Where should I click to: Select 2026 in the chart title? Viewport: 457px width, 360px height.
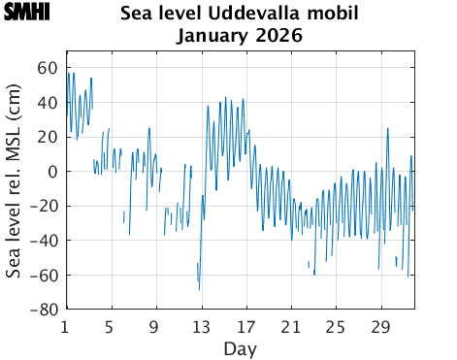click(279, 36)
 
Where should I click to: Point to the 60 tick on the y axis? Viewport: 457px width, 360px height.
click(47, 68)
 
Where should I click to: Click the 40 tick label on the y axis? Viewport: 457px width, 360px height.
click(47, 103)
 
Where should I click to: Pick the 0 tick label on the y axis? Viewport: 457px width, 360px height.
click(51, 172)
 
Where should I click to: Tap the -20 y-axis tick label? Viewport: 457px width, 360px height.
click(43, 207)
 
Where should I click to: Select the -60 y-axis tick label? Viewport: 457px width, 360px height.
click(43, 276)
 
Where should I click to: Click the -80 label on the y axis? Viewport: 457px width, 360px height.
click(43, 311)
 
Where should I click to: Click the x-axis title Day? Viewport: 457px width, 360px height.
click(240, 346)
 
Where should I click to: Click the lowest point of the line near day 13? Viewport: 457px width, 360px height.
click(200, 289)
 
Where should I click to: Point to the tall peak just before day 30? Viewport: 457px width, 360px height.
click(388, 128)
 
